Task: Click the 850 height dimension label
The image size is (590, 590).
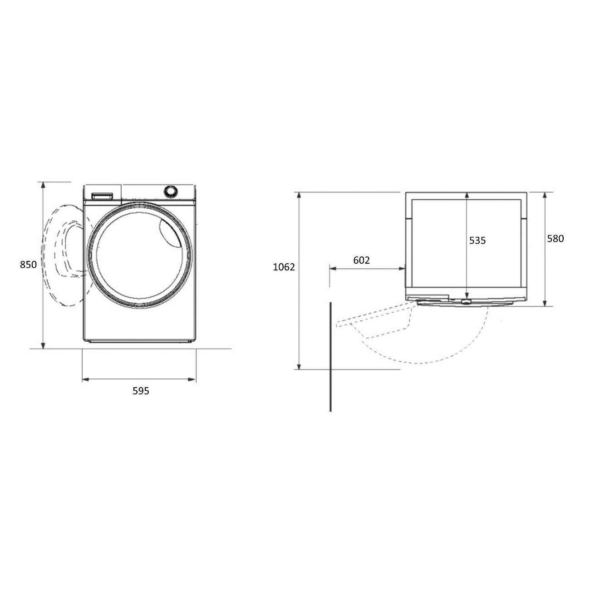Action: coord(28,264)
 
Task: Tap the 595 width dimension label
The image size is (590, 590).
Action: coord(141,391)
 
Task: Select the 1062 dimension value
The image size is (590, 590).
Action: coord(284,267)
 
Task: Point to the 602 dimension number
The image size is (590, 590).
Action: coord(361,260)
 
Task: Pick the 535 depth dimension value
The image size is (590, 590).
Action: coord(477,241)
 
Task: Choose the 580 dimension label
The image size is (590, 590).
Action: coord(556,239)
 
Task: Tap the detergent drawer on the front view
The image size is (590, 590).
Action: coord(102,196)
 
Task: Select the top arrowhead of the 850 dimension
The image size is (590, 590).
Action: coord(43,185)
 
